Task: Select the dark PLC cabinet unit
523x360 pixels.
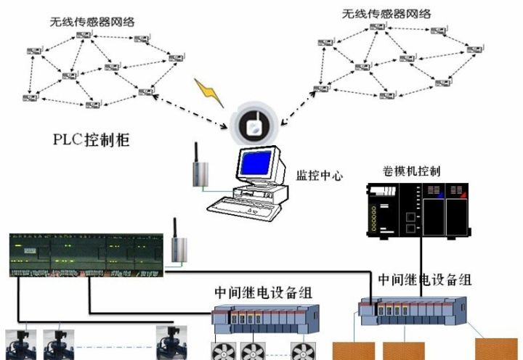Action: (86, 254)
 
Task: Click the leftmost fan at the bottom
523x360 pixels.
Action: (222, 351)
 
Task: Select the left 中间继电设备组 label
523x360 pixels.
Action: (263, 293)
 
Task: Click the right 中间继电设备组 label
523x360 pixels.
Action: (426, 279)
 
